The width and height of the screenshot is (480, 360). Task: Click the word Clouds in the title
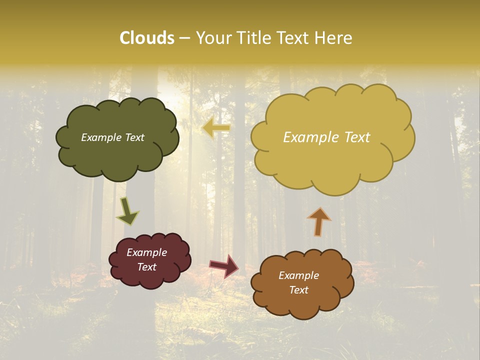[147, 38]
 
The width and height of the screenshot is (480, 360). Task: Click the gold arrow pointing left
[216, 128]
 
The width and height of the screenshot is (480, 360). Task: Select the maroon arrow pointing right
[224, 265]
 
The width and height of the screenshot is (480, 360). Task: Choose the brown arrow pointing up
[318, 221]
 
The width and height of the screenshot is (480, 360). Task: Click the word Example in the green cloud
[100, 137]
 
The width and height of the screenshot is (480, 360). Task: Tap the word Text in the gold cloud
[357, 137]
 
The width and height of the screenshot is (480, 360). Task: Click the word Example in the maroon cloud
[147, 252]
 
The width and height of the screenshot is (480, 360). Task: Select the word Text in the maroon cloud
[147, 267]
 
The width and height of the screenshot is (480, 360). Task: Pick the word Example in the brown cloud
[299, 275]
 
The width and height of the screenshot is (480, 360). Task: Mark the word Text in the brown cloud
[299, 290]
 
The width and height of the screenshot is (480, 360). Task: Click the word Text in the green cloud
[134, 137]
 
